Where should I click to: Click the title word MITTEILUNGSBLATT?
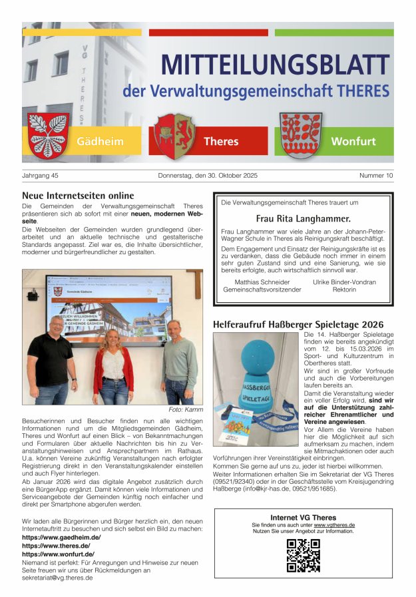pos(275,65)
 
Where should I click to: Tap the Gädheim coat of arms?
pos(48,135)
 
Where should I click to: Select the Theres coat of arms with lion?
pos(174,135)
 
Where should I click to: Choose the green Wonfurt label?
pos(353,141)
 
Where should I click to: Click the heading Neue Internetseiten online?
pos(78,196)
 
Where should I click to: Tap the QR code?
pos(303,555)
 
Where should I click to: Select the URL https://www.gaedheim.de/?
pos(61,537)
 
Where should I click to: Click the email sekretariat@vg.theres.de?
pos(57,578)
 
